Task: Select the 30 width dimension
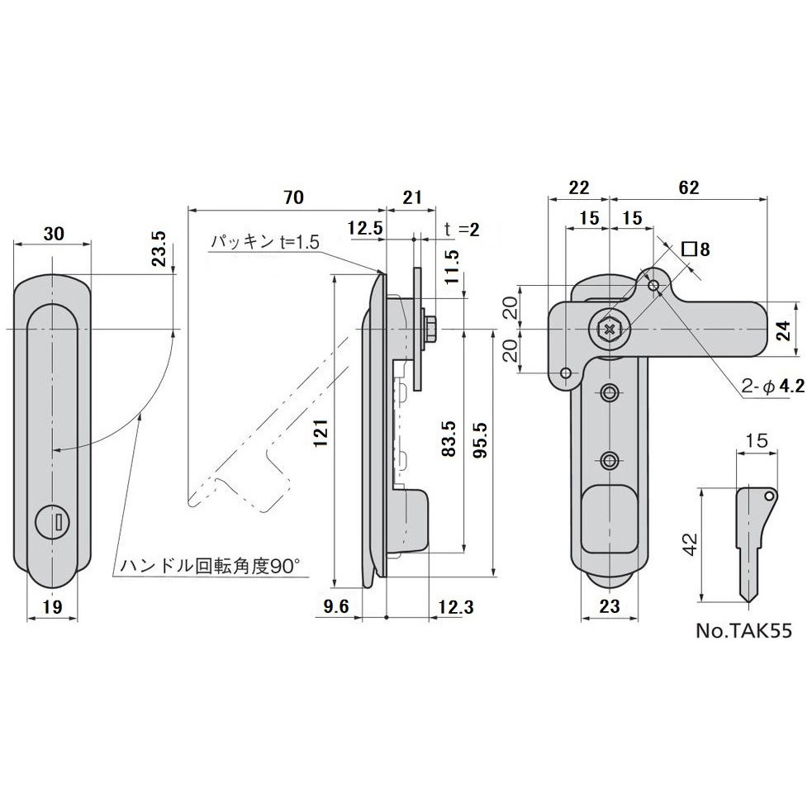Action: pos(54,234)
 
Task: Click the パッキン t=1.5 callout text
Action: pos(264,242)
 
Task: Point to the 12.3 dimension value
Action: pos(455,607)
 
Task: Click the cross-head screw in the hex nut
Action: pos(610,329)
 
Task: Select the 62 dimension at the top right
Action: pos(687,188)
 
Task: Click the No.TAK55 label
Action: pos(743,630)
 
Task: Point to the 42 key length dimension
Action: pos(691,544)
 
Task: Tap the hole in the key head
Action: pos(768,496)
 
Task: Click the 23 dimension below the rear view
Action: pos(610,605)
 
